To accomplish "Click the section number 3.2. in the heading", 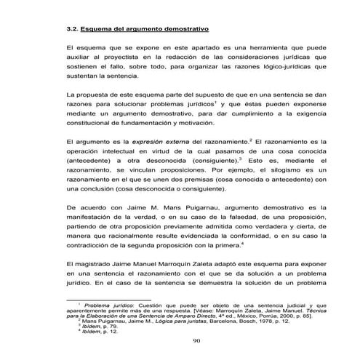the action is (73, 30).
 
